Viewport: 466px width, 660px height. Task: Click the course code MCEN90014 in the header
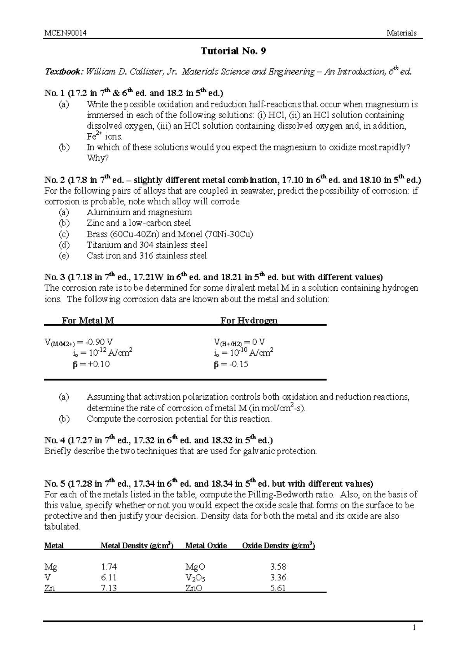(x=65, y=33)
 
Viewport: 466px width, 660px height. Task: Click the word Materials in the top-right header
(x=401, y=33)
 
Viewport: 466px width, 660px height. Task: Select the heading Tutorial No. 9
(x=233, y=51)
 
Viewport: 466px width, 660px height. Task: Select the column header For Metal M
(x=88, y=321)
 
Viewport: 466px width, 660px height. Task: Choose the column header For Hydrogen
(x=249, y=321)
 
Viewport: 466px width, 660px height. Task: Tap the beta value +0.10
(x=99, y=364)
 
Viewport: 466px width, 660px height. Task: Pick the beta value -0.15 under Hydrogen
(x=238, y=364)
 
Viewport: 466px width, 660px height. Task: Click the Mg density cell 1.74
(x=108, y=567)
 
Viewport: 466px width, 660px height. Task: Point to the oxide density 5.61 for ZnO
(x=278, y=588)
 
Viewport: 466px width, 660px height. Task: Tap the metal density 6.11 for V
(x=108, y=578)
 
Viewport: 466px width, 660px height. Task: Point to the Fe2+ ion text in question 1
(x=94, y=136)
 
